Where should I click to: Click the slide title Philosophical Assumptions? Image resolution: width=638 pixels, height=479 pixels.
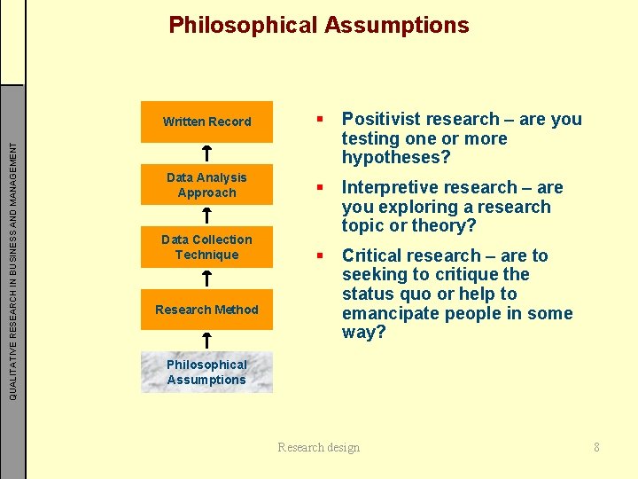pos(319,25)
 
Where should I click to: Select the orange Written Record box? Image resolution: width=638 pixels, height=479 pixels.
pos(206,122)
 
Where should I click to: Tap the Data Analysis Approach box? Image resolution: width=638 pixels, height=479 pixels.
pos(206,185)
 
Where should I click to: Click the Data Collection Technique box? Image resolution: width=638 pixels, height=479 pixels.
pos(206,247)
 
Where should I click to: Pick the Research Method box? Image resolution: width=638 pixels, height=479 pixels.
pos(206,310)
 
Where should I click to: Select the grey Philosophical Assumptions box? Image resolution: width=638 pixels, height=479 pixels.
pos(206,373)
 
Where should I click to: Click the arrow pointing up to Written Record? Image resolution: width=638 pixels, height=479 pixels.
pos(206,153)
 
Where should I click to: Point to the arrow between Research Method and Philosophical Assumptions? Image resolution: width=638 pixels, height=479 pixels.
pos(206,340)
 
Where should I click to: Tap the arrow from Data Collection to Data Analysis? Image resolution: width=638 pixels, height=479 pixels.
pos(206,216)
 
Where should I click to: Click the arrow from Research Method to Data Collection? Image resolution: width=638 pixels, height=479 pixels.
pos(206,278)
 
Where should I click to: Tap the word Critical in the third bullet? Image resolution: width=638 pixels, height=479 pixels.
pos(371,255)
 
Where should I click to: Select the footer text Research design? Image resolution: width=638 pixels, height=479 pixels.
pos(319,447)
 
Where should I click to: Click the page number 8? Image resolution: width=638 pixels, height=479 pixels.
pos(596,447)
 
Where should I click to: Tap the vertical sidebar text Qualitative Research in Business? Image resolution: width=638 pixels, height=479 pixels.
pos(12,266)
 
